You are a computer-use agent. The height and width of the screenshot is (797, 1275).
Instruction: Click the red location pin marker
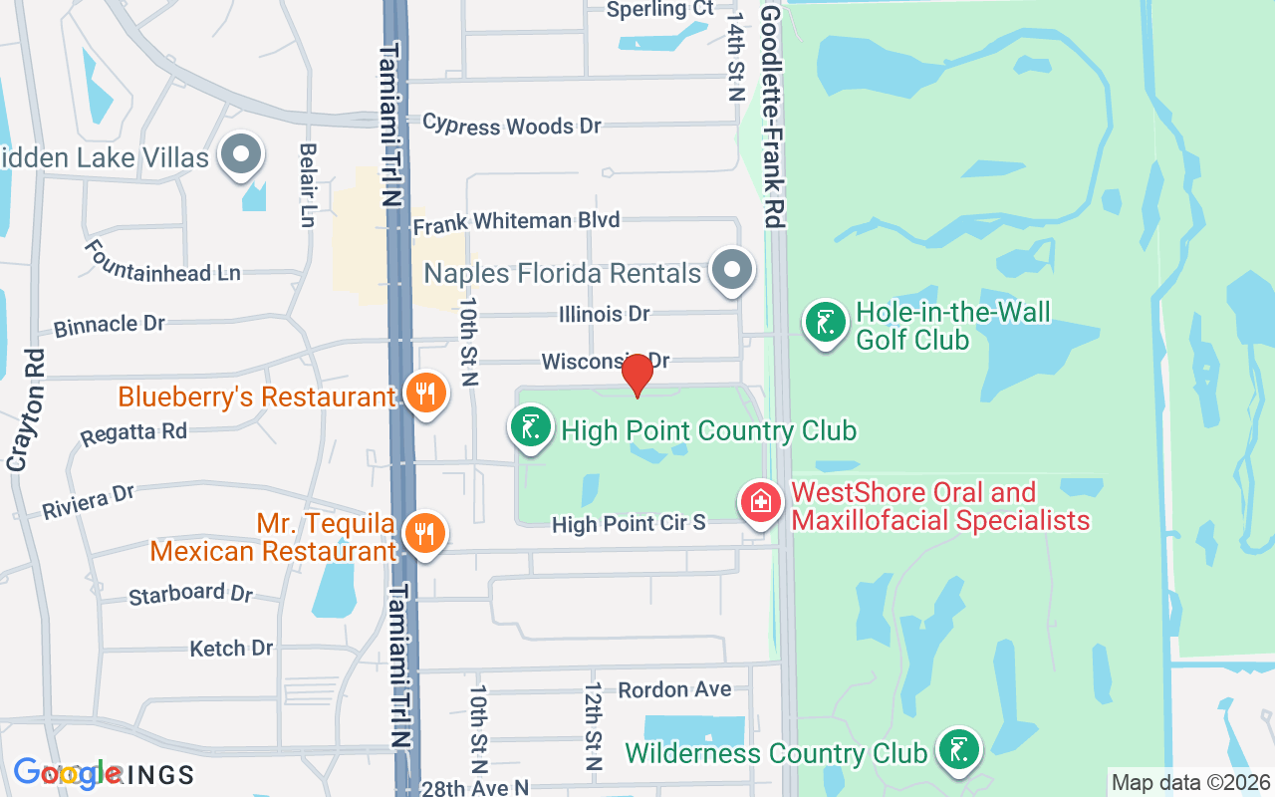tap(637, 374)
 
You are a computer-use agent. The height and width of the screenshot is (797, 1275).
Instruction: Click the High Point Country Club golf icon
tap(531, 427)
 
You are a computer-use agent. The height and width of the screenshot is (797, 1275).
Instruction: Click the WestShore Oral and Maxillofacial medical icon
tap(761, 500)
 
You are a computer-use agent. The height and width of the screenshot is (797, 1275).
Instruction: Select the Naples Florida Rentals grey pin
tap(733, 269)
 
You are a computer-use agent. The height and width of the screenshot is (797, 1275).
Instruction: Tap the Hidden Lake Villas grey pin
tap(240, 154)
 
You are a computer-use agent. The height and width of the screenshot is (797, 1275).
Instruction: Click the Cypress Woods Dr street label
tap(512, 126)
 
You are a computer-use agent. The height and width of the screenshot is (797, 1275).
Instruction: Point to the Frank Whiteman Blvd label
tap(516, 221)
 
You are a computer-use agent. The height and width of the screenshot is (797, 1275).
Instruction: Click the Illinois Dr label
tap(604, 315)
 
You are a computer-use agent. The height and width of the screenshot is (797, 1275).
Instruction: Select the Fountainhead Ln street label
tap(162, 261)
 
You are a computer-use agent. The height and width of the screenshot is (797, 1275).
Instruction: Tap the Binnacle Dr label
tap(110, 325)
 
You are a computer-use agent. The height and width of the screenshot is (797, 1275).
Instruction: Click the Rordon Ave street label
tap(674, 689)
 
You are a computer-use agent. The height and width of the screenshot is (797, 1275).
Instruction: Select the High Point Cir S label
tap(629, 523)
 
